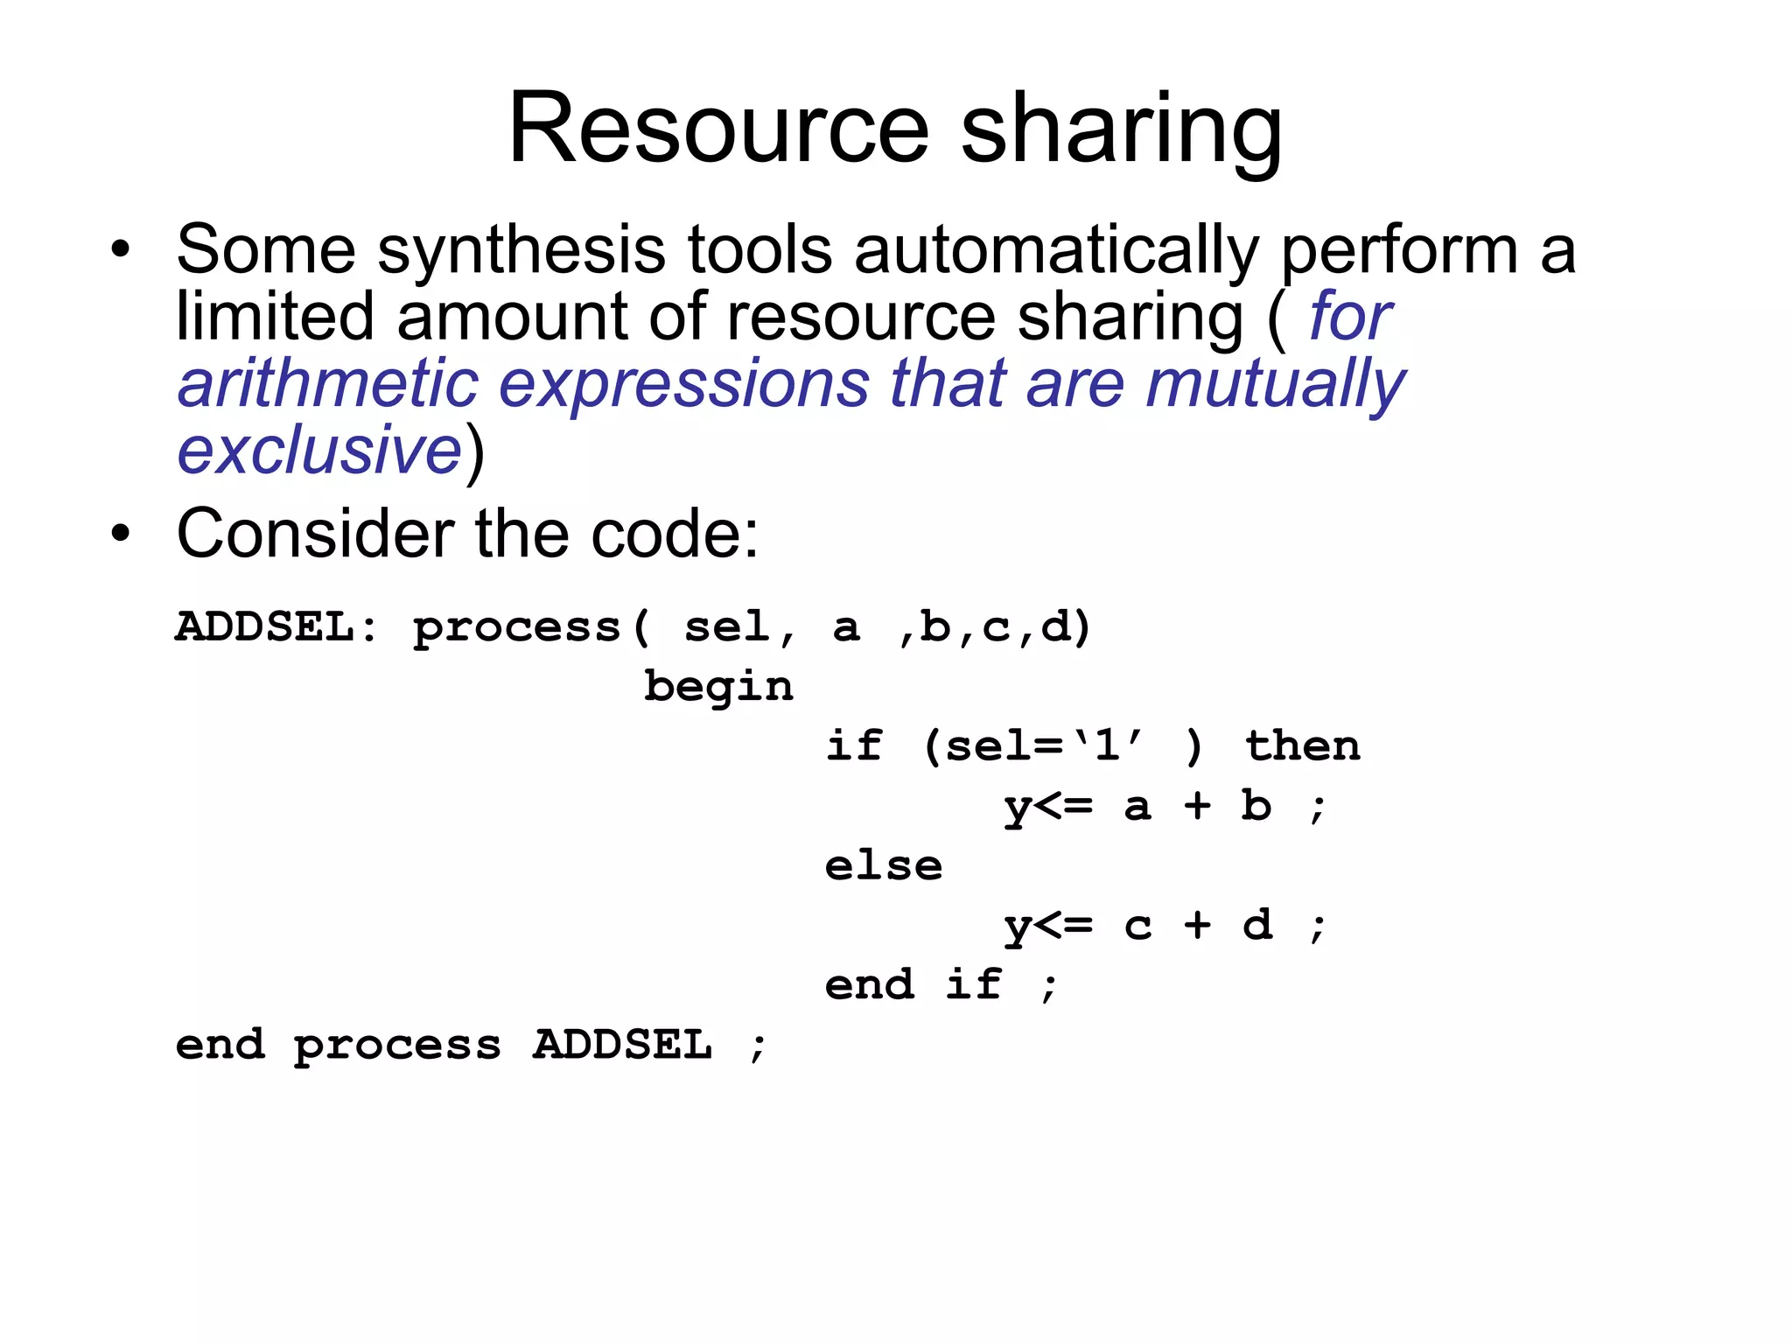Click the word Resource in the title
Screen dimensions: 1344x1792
coord(717,129)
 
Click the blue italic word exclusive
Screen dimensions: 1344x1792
coord(319,450)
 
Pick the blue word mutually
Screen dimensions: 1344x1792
coord(1276,385)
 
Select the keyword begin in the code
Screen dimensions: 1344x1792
coord(718,687)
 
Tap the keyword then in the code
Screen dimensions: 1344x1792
coord(1302,746)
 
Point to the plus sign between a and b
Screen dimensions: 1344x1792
coord(1197,806)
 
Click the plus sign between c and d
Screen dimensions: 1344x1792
coord(1197,925)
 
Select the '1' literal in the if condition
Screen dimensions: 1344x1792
coord(1107,746)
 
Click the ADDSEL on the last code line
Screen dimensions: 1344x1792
coord(622,1045)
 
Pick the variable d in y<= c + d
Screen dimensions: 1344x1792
coord(1257,925)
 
